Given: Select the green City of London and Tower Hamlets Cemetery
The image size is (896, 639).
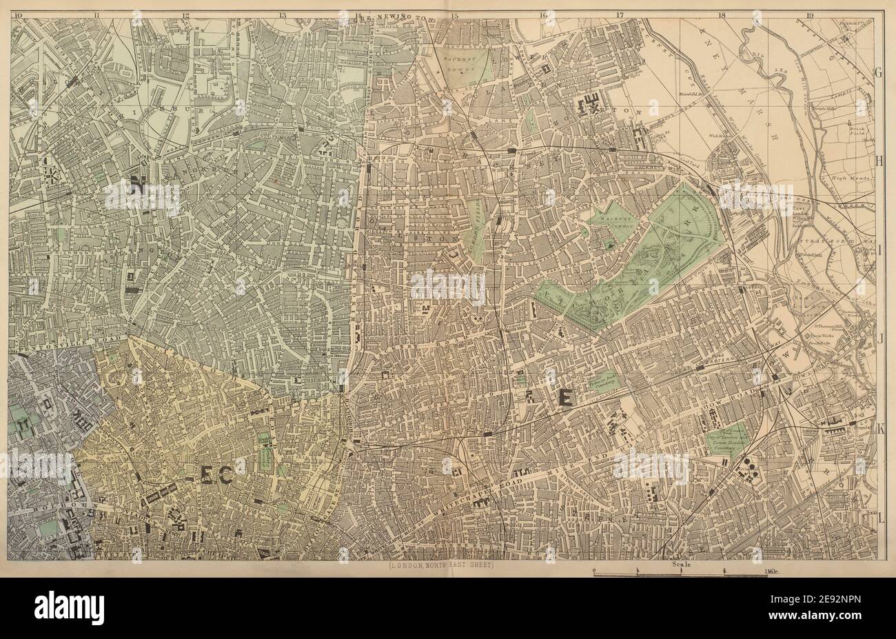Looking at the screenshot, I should point(724,438).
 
